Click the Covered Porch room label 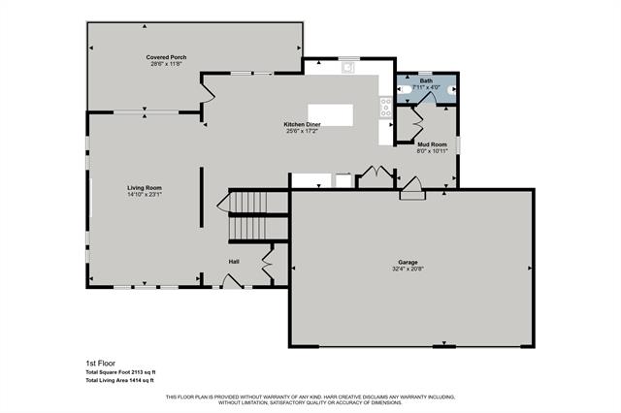click(x=167, y=57)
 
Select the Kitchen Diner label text click(x=303, y=125)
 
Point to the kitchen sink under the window click(x=348, y=69)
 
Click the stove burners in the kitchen click(x=386, y=107)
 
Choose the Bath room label click(x=427, y=80)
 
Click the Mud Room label click(x=431, y=143)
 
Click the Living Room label click(x=144, y=187)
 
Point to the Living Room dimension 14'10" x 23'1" click(x=144, y=194)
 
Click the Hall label click(x=234, y=262)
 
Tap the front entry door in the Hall click(x=231, y=281)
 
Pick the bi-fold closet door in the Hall click(x=268, y=261)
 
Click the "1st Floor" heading click(x=101, y=363)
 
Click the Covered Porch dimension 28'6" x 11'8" click(x=167, y=64)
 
